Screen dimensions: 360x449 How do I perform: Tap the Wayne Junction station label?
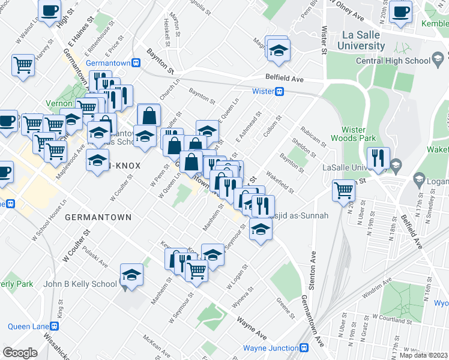271,348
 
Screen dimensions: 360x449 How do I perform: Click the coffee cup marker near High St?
49,10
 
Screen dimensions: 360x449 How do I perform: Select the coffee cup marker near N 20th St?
400,11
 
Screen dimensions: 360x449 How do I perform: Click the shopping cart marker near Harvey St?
23,64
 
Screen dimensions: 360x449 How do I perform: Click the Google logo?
20,352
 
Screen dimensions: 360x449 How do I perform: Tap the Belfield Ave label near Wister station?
285,79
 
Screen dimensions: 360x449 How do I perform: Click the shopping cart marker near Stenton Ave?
344,190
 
